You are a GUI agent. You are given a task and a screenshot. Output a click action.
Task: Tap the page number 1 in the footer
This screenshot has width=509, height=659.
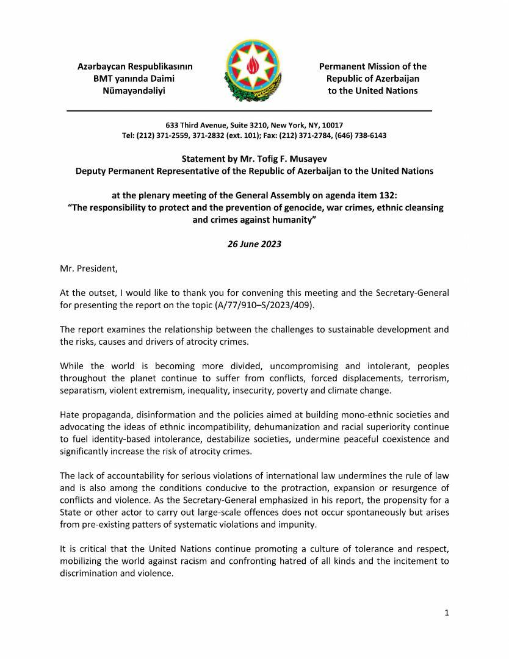tap(447, 613)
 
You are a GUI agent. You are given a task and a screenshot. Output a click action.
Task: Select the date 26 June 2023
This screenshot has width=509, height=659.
tap(254, 244)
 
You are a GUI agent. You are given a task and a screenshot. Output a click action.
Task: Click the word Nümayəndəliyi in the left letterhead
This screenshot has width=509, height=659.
tap(135, 90)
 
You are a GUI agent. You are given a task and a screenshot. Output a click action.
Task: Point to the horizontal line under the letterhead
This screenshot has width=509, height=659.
tap(249, 110)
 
